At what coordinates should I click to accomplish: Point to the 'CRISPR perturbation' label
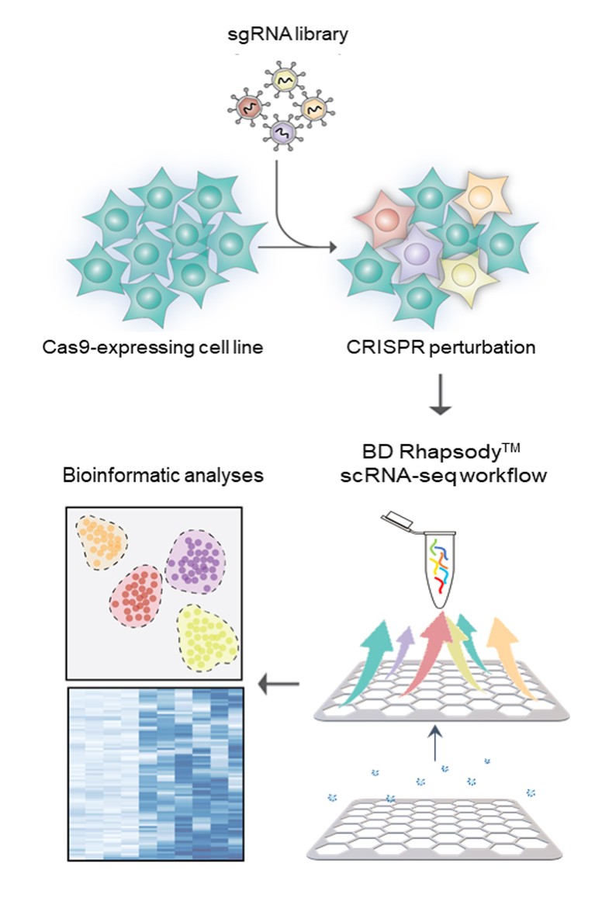coord(441,346)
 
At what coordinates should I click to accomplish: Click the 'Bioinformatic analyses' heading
coord(164,473)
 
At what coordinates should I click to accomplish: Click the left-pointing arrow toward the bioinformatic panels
coord(279,684)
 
